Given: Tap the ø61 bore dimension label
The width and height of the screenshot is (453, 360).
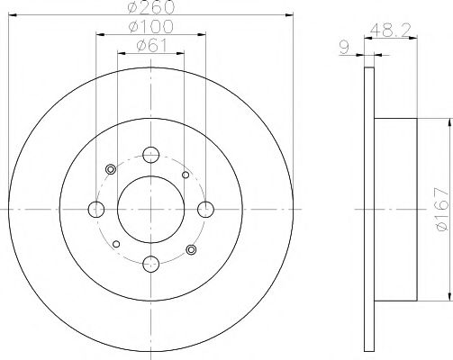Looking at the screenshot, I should pyautogui.click(x=151, y=47).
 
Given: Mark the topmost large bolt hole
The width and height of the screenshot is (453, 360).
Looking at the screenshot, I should pyautogui.click(x=151, y=154).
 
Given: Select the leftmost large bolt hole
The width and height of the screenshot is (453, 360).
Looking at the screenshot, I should pyautogui.click(x=96, y=210).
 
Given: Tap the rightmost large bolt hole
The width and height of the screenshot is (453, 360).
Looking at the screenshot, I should pyautogui.click(x=206, y=210).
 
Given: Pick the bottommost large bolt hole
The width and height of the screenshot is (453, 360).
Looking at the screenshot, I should pyautogui.click(x=151, y=264).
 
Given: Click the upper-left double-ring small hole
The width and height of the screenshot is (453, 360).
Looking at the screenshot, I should pyautogui.click(x=112, y=169).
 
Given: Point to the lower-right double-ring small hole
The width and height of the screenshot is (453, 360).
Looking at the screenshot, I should pyautogui.click(x=190, y=249).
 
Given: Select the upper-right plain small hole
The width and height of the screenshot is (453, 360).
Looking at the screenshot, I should pyautogui.click(x=185, y=175).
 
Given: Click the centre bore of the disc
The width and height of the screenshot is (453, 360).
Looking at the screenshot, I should pyautogui.click(x=151, y=210).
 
